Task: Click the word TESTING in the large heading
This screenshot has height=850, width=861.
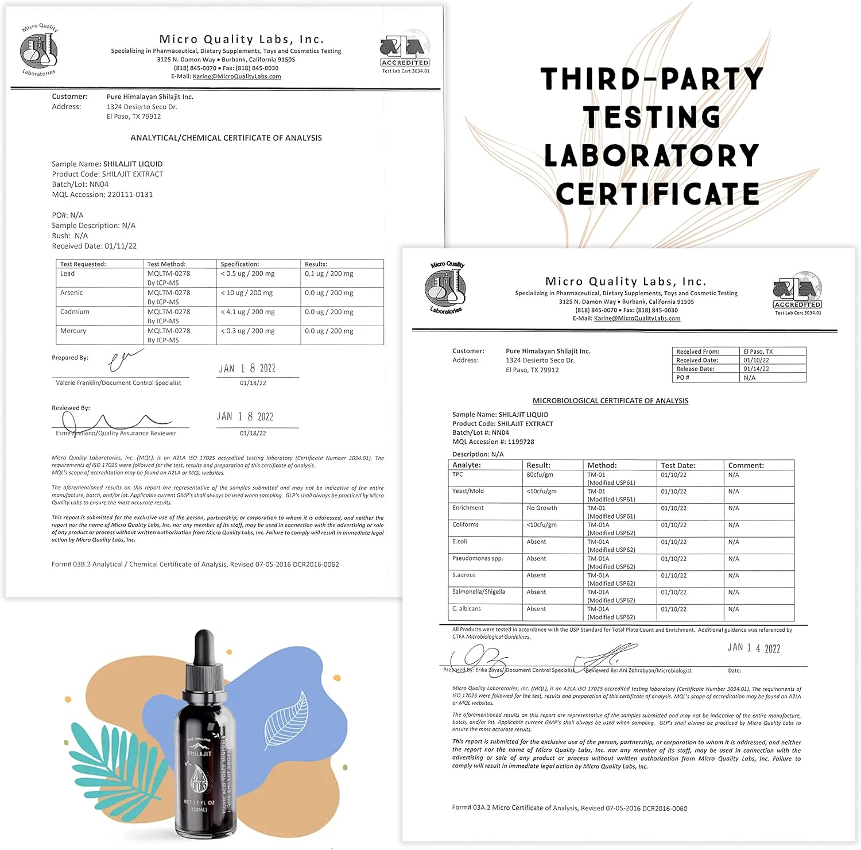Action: [x=652, y=117]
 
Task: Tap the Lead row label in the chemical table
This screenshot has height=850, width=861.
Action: [x=68, y=273]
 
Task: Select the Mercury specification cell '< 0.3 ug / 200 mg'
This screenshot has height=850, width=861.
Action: [x=247, y=331]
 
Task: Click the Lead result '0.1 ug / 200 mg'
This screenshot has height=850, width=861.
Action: [x=329, y=273]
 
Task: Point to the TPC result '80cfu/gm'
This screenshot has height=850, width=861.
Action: [x=540, y=475]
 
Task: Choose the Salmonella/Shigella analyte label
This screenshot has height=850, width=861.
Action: [x=479, y=592]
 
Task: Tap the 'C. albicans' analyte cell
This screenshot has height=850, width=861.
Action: [x=467, y=608]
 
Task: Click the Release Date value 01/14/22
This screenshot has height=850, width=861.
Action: [x=756, y=369]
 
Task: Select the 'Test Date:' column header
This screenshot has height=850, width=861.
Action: [x=678, y=465]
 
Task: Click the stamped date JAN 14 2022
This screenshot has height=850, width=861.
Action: [x=754, y=648]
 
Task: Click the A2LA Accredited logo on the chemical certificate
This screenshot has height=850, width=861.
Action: [x=405, y=51]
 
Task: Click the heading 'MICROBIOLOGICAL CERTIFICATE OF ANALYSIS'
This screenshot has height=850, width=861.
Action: [x=610, y=401]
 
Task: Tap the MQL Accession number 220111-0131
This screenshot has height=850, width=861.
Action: [x=130, y=195]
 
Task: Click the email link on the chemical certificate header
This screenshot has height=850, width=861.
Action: [x=236, y=76]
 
